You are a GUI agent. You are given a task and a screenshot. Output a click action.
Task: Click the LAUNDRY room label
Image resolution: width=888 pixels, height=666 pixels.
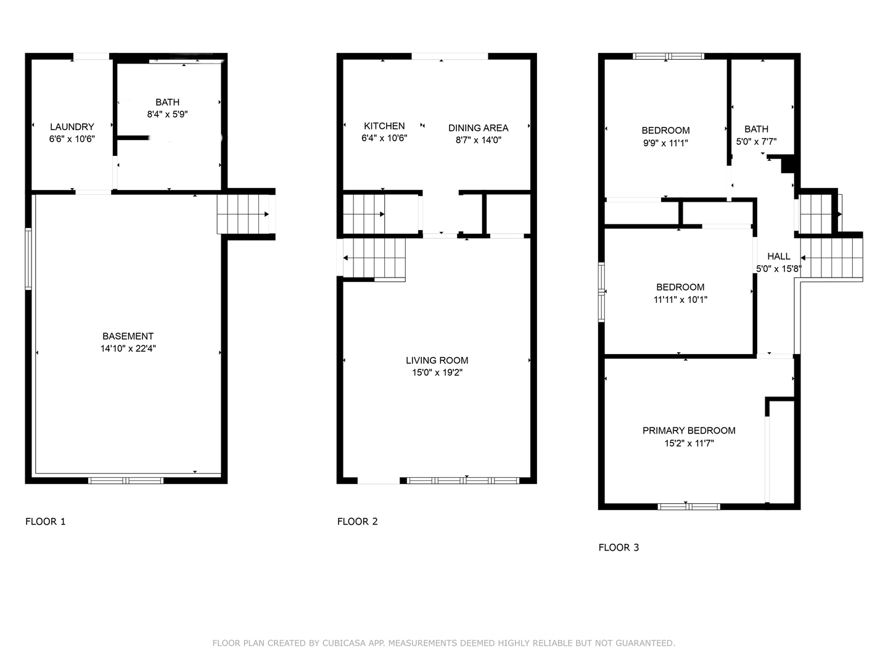[x=72, y=127]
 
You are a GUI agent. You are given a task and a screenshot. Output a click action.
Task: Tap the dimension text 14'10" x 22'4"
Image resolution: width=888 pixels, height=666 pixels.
[x=128, y=348]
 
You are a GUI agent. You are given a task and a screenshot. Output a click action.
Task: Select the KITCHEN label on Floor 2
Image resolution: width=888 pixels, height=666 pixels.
[x=384, y=126]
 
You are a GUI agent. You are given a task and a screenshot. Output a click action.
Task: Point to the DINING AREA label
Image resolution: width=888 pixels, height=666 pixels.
[x=478, y=128]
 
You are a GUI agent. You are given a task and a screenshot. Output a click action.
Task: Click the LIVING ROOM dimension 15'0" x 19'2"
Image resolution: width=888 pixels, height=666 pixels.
[x=437, y=372]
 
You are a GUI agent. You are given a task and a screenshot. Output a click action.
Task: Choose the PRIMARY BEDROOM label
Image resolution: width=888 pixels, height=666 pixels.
[x=689, y=430]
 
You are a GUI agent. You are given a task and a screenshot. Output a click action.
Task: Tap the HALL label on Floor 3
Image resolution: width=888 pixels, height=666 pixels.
[x=779, y=257]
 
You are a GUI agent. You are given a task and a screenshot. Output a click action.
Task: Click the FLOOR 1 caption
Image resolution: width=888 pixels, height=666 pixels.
[x=45, y=522]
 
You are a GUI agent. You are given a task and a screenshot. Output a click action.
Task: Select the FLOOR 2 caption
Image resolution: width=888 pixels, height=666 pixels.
[x=358, y=522]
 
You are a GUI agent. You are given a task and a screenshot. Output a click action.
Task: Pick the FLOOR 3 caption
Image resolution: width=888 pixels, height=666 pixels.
[x=619, y=548]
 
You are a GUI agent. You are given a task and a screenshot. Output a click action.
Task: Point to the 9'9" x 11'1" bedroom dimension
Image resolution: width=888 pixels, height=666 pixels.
[x=665, y=143]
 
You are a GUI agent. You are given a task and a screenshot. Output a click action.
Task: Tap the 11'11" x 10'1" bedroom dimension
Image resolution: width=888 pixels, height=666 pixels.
[x=680, y=300]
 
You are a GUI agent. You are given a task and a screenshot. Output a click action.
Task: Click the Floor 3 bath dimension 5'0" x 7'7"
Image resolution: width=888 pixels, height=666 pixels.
[x=756, y=142]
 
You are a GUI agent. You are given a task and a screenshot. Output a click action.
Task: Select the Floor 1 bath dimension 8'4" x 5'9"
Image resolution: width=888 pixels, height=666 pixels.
[x=168, y=115]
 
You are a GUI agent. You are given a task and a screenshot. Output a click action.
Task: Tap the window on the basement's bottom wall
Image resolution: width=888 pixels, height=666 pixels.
[x=126, y=481]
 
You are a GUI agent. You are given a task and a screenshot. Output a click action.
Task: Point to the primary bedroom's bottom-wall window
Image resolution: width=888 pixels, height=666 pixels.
[x=689, y=507]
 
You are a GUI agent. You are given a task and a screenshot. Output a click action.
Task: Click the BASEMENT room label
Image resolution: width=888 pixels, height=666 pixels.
[x=128, y=337]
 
